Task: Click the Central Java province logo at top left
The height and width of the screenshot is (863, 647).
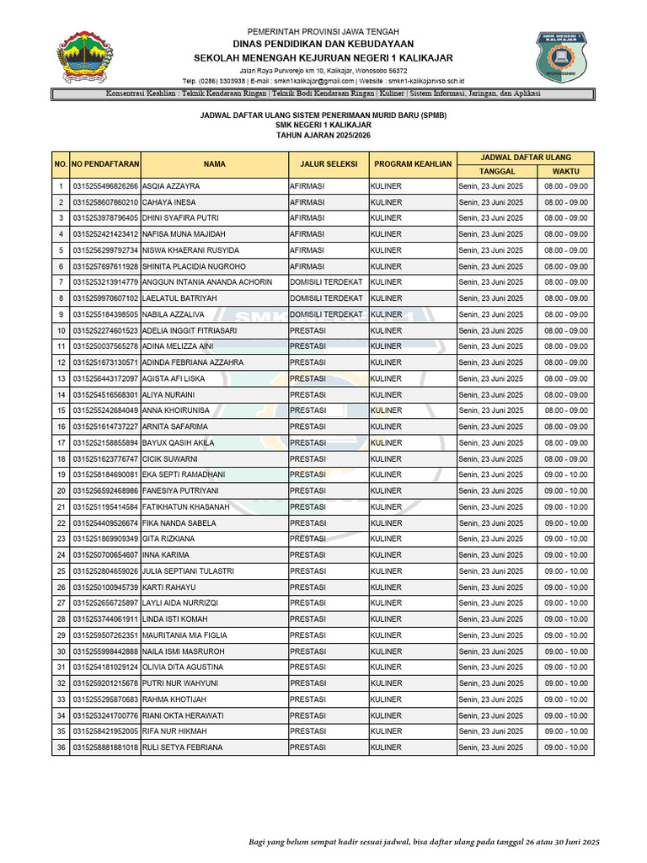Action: pyautogui.click(x=82, y=58)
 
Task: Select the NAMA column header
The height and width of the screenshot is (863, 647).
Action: pyautogui.click(x=214, y=163)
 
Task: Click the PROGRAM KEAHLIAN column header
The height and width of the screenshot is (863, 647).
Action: pyautogui.click(x=412, y=163)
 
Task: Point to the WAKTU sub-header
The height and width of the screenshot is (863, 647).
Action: pyautogui.click(x=566, y=170)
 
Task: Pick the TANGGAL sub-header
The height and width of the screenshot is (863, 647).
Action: pyautogui.click(x=497, y=170)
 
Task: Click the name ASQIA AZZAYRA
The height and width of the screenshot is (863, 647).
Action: pyautogui.click(x=172, y=186)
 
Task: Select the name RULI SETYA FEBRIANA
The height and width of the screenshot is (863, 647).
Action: pyautogui.click(x=183, y=748)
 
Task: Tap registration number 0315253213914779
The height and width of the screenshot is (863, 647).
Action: pyautogui.click(x=105, y=282)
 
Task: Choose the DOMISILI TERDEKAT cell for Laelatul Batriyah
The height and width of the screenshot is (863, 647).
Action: pyautogui.click(x=326, y=298)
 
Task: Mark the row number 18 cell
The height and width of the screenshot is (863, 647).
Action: pyautogui.click(x=61, y=458)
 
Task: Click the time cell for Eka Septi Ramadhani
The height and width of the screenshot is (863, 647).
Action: pyautogui.click(x=566, y=474)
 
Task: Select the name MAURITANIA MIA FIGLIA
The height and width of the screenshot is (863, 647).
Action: pyautogui.click(x=184, y=635)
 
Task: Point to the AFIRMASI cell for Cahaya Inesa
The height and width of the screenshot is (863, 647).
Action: pyautogui.click(x=307, y=202)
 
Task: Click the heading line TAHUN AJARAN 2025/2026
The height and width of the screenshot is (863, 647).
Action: pyautogui.click(x=323, y=135)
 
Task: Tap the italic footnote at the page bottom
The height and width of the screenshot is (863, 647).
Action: pyautogui.click(x=423, y=842)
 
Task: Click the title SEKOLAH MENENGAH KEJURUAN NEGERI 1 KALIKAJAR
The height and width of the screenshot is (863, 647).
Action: pyautogui.click(x=323, y=57)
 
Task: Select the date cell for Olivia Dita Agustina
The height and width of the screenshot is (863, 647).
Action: pyautogui.click(x=491, y=667)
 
